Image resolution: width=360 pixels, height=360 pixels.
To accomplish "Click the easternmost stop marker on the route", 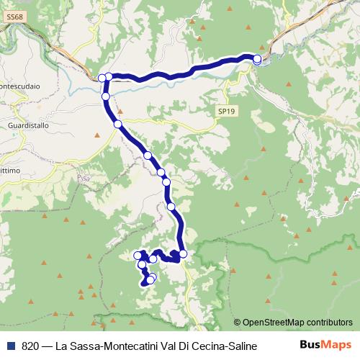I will pyautogui.click(x=257, y=59).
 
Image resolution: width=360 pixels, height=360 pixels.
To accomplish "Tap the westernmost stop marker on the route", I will pyautogui.click(x=102, y=78).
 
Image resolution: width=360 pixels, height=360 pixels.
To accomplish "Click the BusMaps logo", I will pyautogui.click(x=325, y=346).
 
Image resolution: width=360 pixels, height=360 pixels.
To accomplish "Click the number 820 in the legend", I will pyautogui.click(x=30, y=346).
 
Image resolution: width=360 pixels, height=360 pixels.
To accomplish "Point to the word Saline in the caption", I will pyautogui.click(x=242, y=346).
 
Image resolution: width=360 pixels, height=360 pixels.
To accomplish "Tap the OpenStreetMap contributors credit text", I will pyautogui.click(x=297, y=323).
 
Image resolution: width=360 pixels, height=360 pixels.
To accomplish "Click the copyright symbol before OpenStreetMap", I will pyautogui.click(x=238, y=323).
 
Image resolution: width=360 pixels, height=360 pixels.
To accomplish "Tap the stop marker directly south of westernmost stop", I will pyautogui.click(x=105, y=96).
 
